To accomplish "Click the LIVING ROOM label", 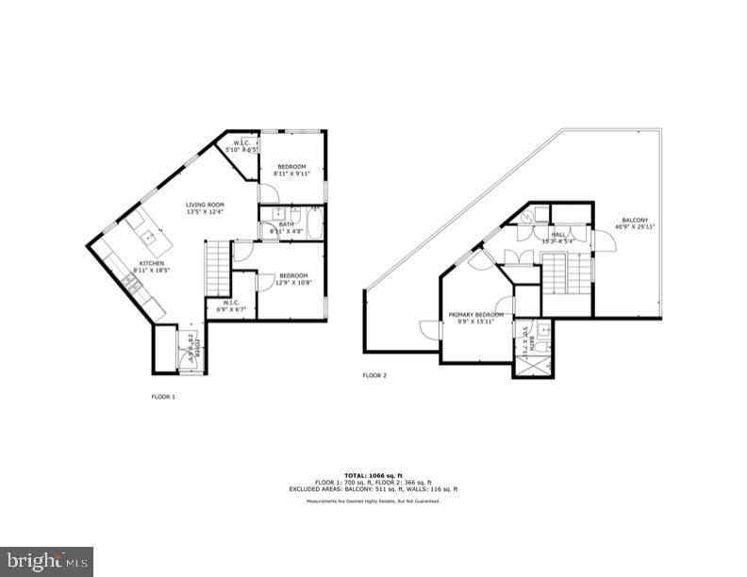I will tap(204, 205).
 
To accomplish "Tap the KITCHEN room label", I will tap(152, 263).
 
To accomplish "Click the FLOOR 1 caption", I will tap(163, 397).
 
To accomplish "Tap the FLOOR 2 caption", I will tap(374, 375).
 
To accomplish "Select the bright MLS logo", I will tap(46, 562).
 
